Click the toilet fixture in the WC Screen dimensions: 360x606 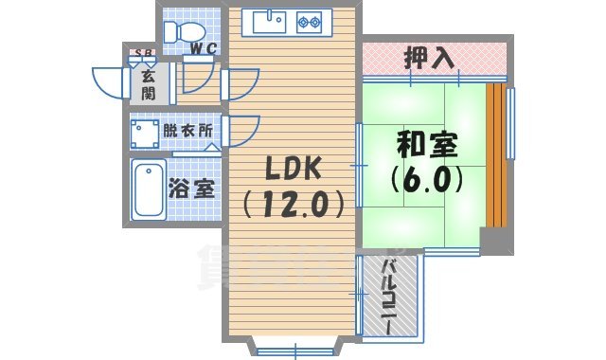[181, 32]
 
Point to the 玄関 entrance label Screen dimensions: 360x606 [150, 84]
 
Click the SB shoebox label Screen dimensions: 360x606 [145, 53]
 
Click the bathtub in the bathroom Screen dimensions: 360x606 [149, 189]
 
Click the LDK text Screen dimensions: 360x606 [292, 170]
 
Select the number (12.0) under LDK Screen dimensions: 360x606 [292, 203]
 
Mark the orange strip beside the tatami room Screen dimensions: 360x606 [493, 156]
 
